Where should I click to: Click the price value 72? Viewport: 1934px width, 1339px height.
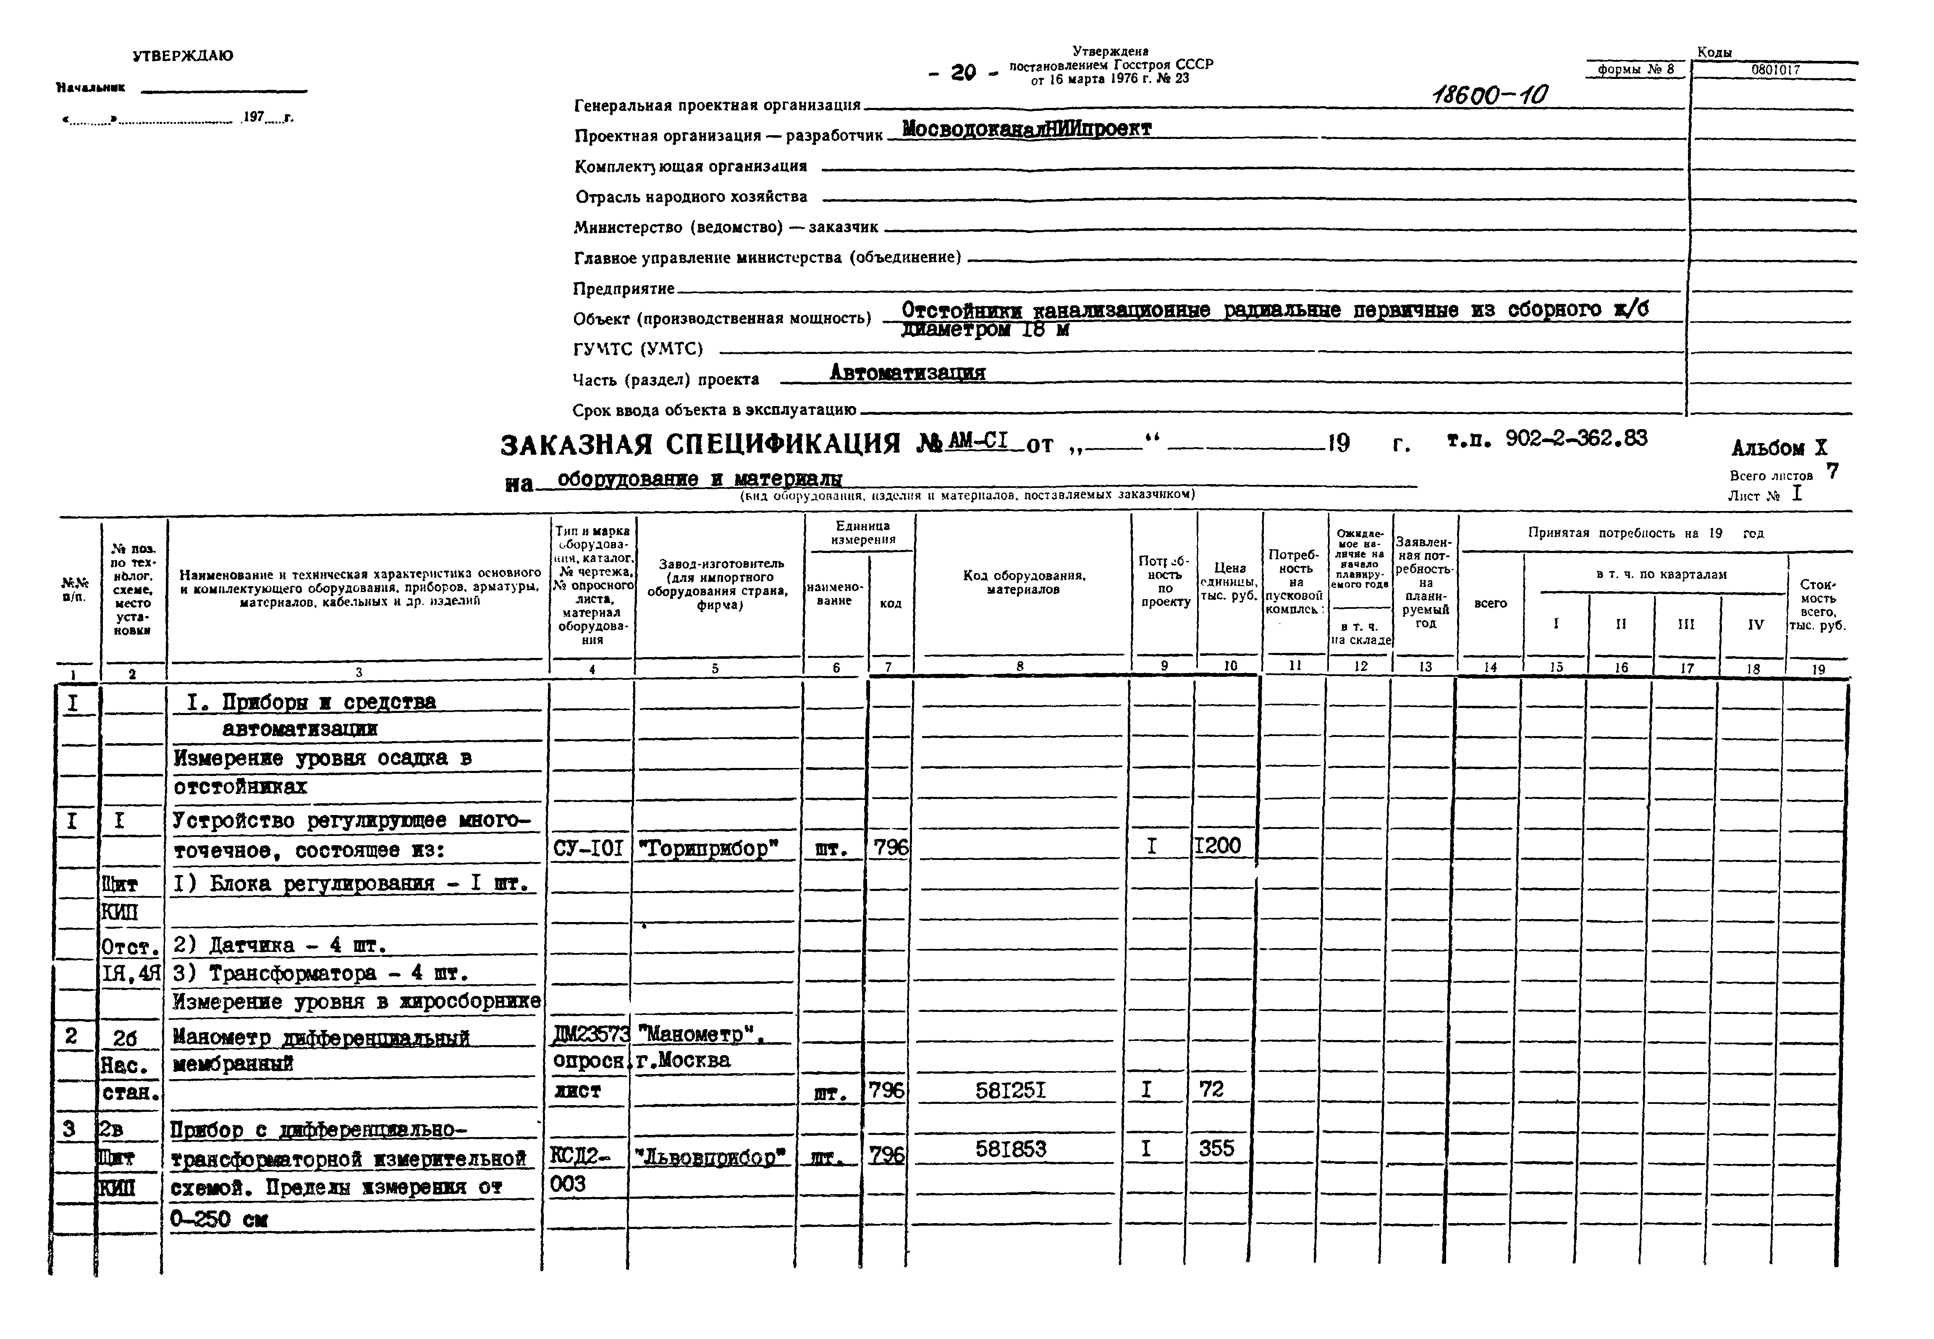[x=1211, y=1090]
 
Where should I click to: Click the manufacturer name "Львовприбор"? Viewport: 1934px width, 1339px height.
[x=711, y=1158]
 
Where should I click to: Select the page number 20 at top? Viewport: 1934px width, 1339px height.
[x=963, y=73]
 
